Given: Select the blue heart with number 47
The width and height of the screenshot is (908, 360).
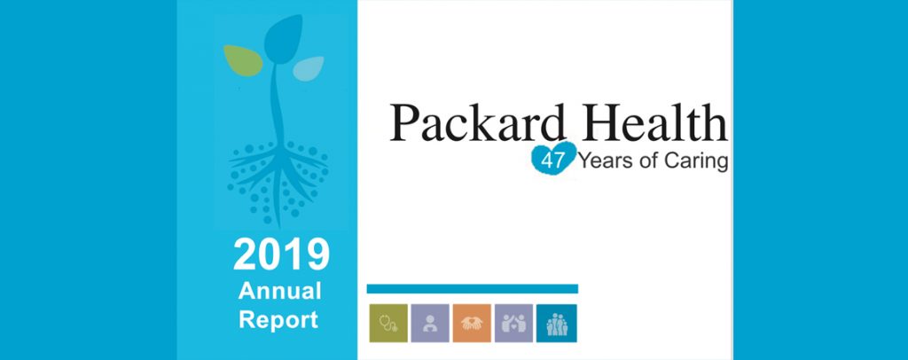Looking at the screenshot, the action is click(x=553, y=158).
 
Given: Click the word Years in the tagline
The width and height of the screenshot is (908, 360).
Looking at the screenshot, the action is click(x=603, y=161).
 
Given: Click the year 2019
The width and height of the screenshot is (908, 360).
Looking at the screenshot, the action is click(x=281, y=254).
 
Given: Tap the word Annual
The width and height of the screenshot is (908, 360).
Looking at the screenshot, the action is click(x=279, y=291).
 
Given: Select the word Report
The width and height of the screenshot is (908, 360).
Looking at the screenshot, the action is click(x=278, y=320).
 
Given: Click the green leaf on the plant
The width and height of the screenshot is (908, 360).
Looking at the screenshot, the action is click(x=243, y=60).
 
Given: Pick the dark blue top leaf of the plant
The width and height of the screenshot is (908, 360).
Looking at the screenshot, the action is click(x=283, y=39).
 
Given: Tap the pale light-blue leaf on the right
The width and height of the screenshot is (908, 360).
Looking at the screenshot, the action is click(x=308, y=68).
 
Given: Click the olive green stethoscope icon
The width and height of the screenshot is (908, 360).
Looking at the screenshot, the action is click(x=388, y=323).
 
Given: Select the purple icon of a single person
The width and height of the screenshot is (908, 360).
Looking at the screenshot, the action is click(x=430, y=323).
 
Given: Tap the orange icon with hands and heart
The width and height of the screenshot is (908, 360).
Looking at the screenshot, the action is click(x=472, y=323).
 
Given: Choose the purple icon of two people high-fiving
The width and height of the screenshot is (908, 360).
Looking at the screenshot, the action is click(x=513, y=323).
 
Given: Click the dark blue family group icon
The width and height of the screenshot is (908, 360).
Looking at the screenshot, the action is click(x=557, y=323).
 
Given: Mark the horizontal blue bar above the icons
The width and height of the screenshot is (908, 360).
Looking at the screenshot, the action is click(x=473, y=289).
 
